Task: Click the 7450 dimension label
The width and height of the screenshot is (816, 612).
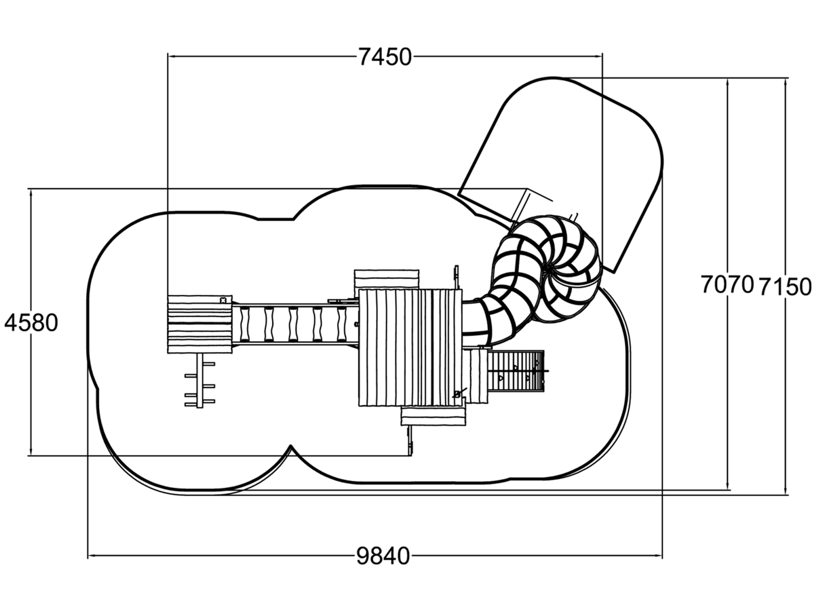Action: point(385,57)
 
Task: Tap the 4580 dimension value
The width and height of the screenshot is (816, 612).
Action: point(31,322)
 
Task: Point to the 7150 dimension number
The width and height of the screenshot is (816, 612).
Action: point(785,287)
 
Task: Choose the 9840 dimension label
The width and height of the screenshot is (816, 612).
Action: point(384,556)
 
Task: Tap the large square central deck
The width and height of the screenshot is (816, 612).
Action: point(411,348)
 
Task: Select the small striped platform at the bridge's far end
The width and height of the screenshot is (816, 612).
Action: point(199,324)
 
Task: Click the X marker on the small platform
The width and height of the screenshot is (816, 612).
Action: point(223,300)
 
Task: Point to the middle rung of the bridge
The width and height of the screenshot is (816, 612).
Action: point(293,324)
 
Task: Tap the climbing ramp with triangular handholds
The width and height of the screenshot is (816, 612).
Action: point(516,370)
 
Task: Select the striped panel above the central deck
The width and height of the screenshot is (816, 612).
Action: point(387,279)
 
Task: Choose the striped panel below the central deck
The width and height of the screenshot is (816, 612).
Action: point(433,416)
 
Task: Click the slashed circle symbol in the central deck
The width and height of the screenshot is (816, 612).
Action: point(457,394)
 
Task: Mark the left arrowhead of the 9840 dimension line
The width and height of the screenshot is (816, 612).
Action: point(92,555)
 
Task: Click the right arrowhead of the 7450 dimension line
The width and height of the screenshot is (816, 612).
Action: point(598,57)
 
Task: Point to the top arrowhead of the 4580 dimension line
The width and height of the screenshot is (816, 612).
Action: point(31,193)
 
